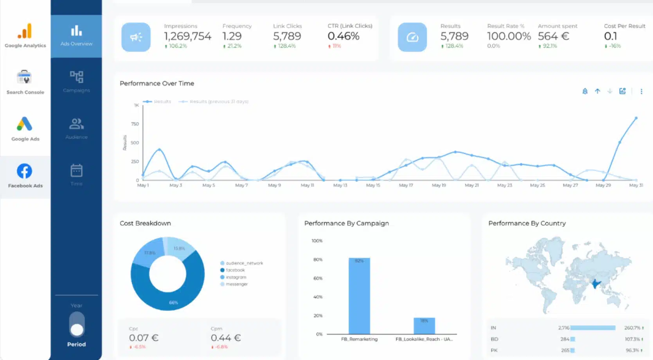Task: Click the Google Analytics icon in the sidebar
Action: coord(25,31)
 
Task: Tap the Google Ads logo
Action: coord(25,124)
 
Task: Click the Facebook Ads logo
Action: coord(25,171)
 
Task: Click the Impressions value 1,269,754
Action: coord(187,36)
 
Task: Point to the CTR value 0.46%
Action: coord(343,36)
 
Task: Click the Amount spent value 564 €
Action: coord(553,36)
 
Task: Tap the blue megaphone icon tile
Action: coord(136,37)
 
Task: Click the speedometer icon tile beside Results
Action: coord(412,37)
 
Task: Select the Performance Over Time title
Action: coord(157,83)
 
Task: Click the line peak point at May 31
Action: coord(636,118)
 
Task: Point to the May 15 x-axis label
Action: coord(373,185)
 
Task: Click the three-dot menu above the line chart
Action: coord(641,92)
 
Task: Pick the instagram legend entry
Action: coord(236,277)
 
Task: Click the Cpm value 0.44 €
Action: coord(225,338)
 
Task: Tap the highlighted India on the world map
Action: coord(595,283)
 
